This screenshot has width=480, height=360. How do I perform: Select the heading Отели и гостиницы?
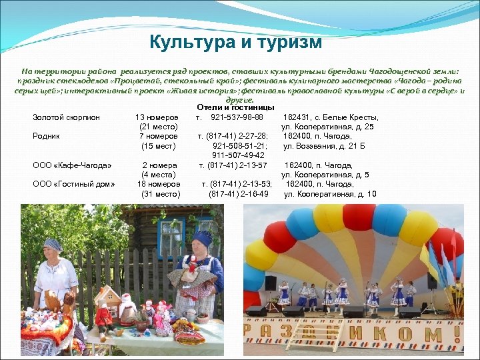click(x=236, y=107)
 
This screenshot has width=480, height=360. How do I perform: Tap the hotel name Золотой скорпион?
click(x=66, y=117)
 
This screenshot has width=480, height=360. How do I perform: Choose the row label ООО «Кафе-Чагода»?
click(x=72, y=165)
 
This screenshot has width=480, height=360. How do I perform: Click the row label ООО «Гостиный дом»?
click(x=74, y=184)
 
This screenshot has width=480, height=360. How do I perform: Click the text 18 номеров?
click(x=159, y=184)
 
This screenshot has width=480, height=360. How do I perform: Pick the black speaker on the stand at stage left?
click(x=271, y=282)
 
